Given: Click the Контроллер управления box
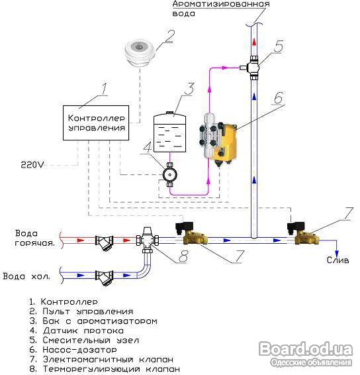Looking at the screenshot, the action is [x=96, y=123].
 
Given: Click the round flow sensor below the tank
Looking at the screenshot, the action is [x=169, y=175].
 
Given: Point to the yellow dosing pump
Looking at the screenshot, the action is [x=218, y=141].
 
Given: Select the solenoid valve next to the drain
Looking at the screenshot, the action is [x=303, y=233].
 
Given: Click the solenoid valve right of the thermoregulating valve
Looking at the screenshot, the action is [x=192, y=233].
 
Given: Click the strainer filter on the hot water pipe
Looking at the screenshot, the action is [x=105, y=242].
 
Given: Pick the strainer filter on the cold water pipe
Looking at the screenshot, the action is [x=105, y=278].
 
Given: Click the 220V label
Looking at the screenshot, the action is [x=32, y=165].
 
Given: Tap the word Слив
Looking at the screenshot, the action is [x=337, y=260].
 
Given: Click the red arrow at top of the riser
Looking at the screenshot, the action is [x=254, y=42].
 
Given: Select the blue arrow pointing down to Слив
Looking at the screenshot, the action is [x=337, y=254].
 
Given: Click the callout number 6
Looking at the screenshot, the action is [x=279, y=97].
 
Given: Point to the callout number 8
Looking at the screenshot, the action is [x=183, y=256].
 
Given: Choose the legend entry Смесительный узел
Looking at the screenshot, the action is [x=84, y=341].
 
